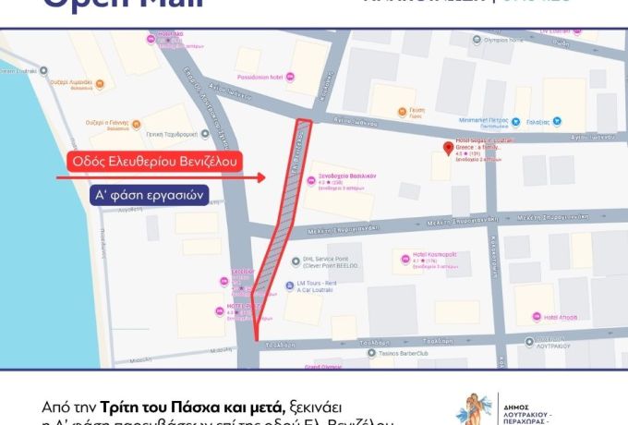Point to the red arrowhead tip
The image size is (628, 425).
pyautogui.click(x=264, y=177)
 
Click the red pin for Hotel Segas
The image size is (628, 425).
pyautogui.click(x=449, y=148)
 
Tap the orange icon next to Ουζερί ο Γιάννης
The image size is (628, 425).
pyautogui.click(x=138, y=122)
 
